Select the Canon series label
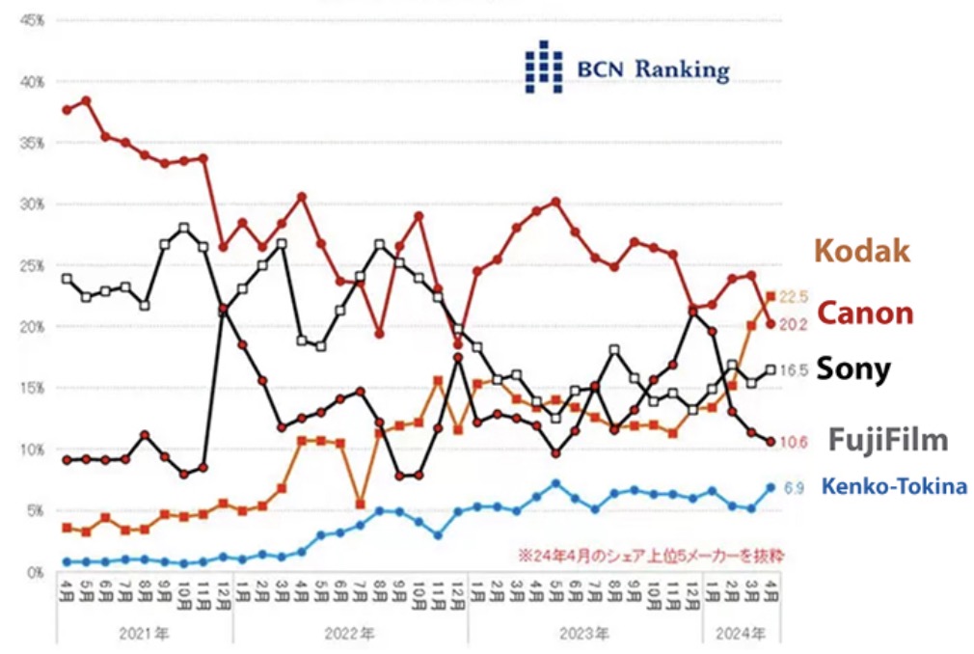pyautogui.click(x=865, y=313)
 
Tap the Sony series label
pyautogui.click(x=853, y=368)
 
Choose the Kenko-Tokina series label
pyautogui.click(x=893, y=487)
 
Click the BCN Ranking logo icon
pyautogui.click(x=543, y=68)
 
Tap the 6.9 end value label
pyautogui.click(x=792, y=488)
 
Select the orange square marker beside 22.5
pyautogui.click(x=771, y=296)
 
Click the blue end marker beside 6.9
pyautogui.click(x=771, y=487)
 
